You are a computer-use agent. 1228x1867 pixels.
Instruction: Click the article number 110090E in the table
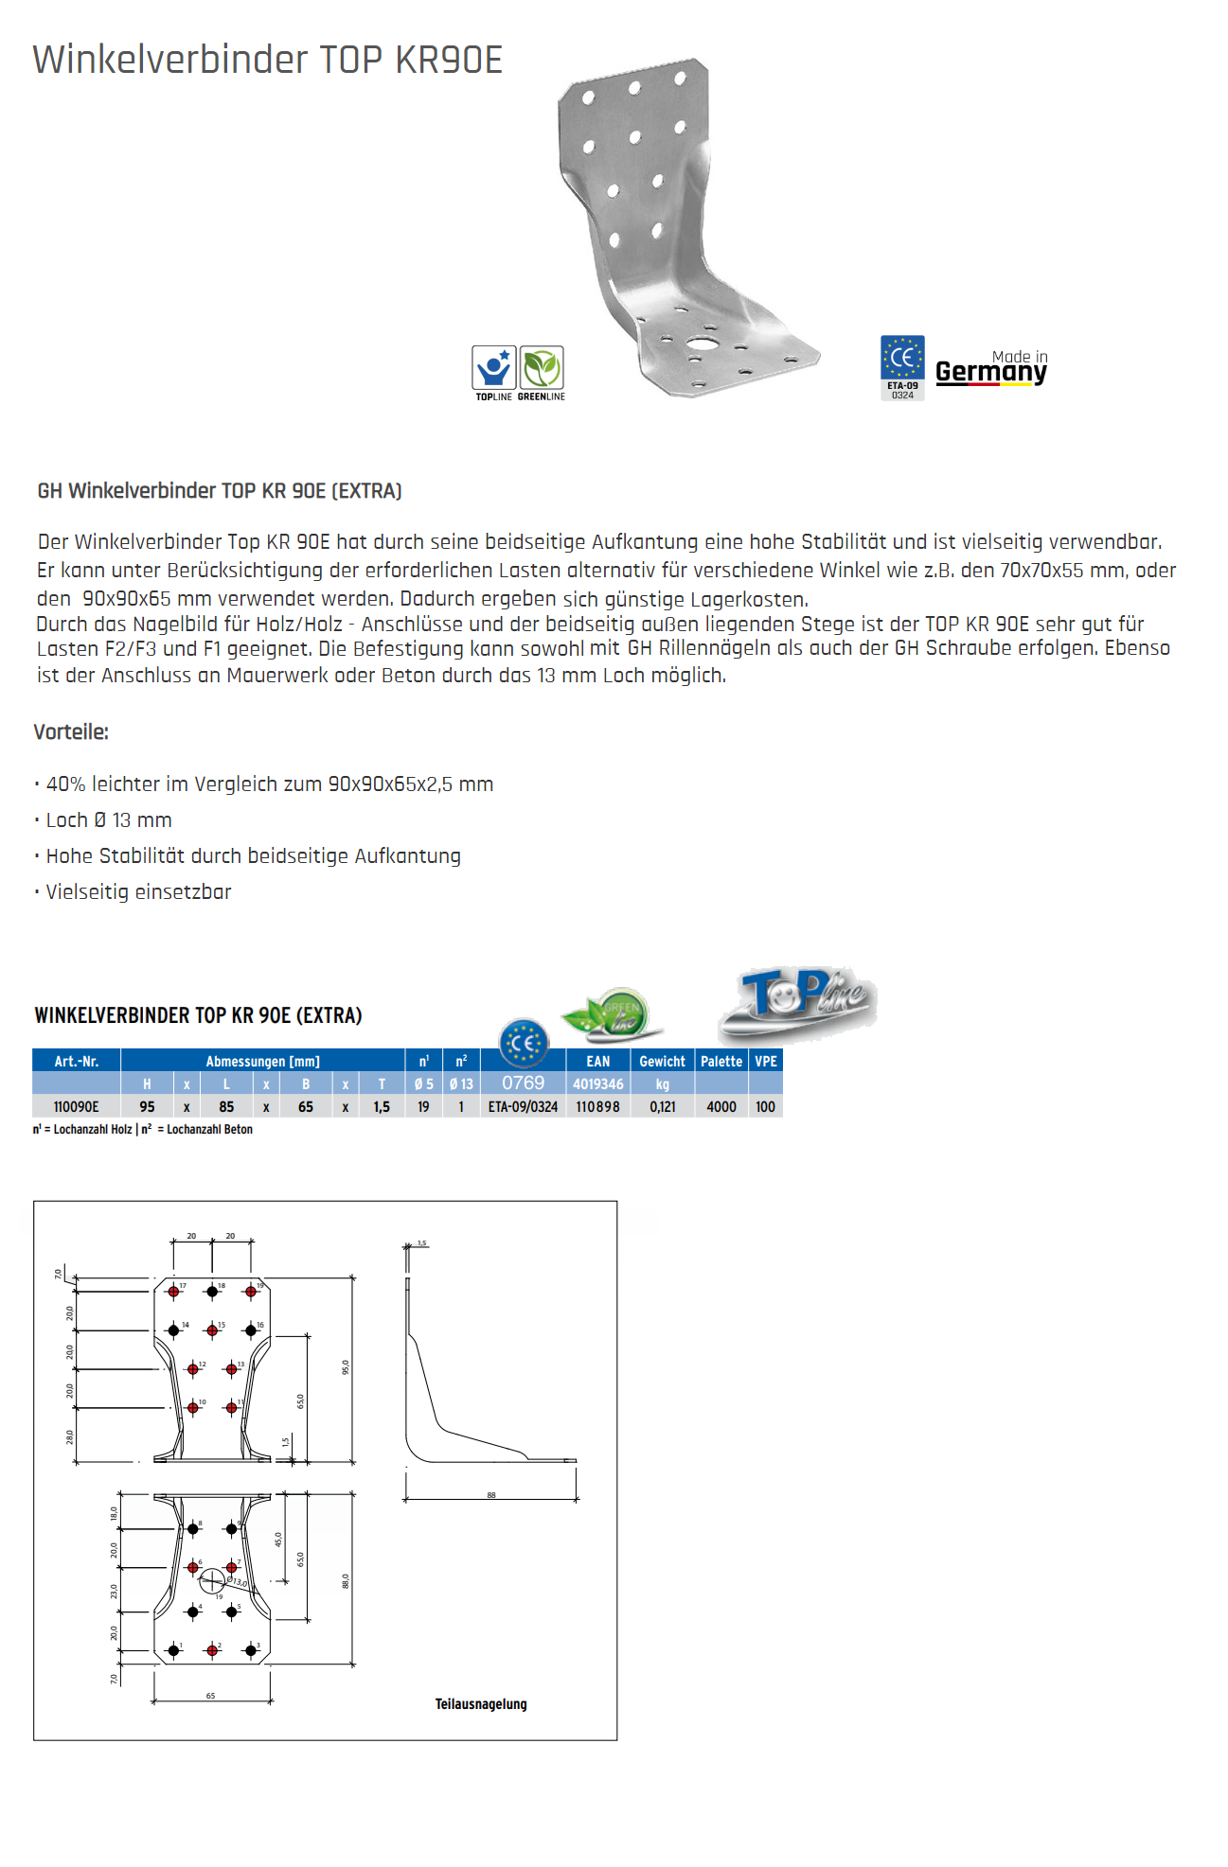76,1106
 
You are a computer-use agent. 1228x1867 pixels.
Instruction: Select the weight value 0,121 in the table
662,1106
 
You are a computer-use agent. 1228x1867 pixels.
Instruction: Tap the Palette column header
721,1061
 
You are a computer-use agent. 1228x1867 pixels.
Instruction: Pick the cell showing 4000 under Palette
721,1106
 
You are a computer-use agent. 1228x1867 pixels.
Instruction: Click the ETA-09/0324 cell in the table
523,1106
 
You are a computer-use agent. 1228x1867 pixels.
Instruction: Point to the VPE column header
765,1061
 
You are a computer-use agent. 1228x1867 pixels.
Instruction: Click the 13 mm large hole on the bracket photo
702,342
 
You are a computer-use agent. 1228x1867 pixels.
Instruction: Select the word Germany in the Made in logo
990,373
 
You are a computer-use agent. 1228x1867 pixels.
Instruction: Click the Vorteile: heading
71,731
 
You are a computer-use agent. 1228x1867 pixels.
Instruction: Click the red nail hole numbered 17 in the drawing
173,1292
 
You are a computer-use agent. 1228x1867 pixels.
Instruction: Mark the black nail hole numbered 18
212,1292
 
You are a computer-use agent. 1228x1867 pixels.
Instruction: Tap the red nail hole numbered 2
212,1650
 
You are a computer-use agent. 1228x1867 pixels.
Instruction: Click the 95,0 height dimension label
346,1366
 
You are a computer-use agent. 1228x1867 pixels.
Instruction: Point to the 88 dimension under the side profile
490,1495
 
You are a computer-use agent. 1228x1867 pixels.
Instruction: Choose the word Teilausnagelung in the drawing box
481,1704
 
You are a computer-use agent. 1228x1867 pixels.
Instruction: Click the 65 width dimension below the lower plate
210,1696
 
